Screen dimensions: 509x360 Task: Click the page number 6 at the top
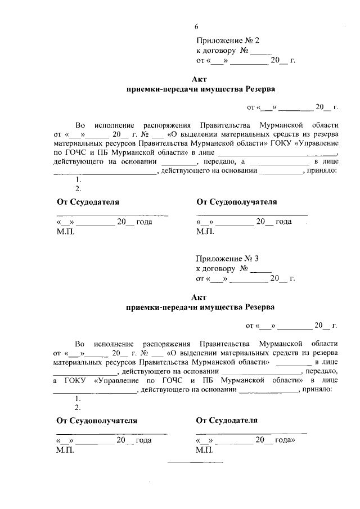point(197,26)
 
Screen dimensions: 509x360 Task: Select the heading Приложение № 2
point(227,40)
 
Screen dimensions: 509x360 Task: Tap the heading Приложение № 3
point(227,259)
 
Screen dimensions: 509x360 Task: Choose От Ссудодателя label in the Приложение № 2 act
point(88,202)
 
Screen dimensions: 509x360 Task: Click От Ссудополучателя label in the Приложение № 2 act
point(236,202)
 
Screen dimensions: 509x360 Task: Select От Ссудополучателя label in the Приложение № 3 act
point(97,420)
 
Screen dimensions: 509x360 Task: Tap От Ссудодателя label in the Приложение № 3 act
point(227,420)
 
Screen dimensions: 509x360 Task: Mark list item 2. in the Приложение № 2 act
point(78,189)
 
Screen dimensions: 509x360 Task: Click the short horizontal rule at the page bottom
point(192,462)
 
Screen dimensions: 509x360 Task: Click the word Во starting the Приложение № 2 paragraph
point(80,124)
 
